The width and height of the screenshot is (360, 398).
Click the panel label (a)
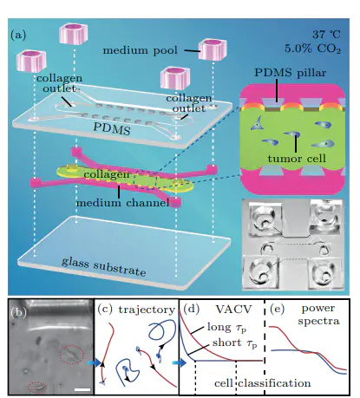pyautogui.click(x=18, y=35)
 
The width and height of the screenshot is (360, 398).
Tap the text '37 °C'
pyautogui.click(x=326, y=35)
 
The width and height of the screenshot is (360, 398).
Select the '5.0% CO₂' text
pyautogui.click(x=312, y=49)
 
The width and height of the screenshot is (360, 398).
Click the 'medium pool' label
pyautogui.click(x=140, y=50)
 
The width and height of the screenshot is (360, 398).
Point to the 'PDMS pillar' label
pyautogui.click(x=290, y=73)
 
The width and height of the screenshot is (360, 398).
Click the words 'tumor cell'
pyautogui.click(x=297, y=159)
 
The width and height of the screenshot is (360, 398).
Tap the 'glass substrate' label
pyautogui.click(x=103, y=267)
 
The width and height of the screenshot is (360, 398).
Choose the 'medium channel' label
pyautogui.click(x=122, y=203)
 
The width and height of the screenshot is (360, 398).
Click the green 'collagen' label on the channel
pyautogui.click(x=107, y=175)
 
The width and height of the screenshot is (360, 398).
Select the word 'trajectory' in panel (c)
pyautogui.click(x=147, y=310)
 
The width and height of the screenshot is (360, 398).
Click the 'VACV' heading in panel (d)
pyautogui.click(x=233, y=309)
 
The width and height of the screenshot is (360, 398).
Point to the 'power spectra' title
pyautogui.click(x=318, y=315)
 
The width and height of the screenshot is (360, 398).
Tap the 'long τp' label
pyautogui.click(x=227, y=328)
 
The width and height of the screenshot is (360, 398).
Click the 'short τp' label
pyautogui.click(x=234, y=343)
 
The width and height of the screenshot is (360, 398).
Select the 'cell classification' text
pyautogui.click(x=263, y=383)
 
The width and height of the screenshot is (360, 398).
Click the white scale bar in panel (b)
pyautogui.click(x=82, y=390)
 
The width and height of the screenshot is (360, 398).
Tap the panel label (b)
pyautogui.click(x=19, y=312)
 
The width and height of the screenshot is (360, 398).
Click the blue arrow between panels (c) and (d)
pyautogui.click(x=180, y=362)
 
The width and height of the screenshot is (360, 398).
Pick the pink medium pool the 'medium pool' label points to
pyautogui.click(x=213, y=49)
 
